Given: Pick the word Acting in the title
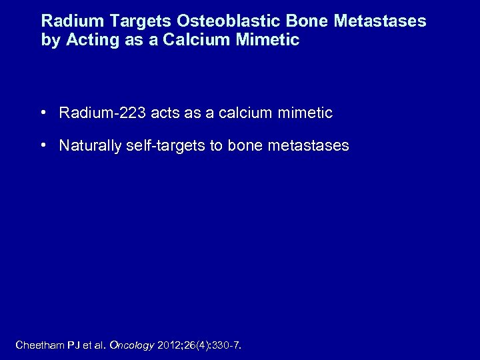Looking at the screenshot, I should pyautogui.click(x=85, y=40).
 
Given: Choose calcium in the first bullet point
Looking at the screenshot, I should pyautogui.click(x=242, y=113).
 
